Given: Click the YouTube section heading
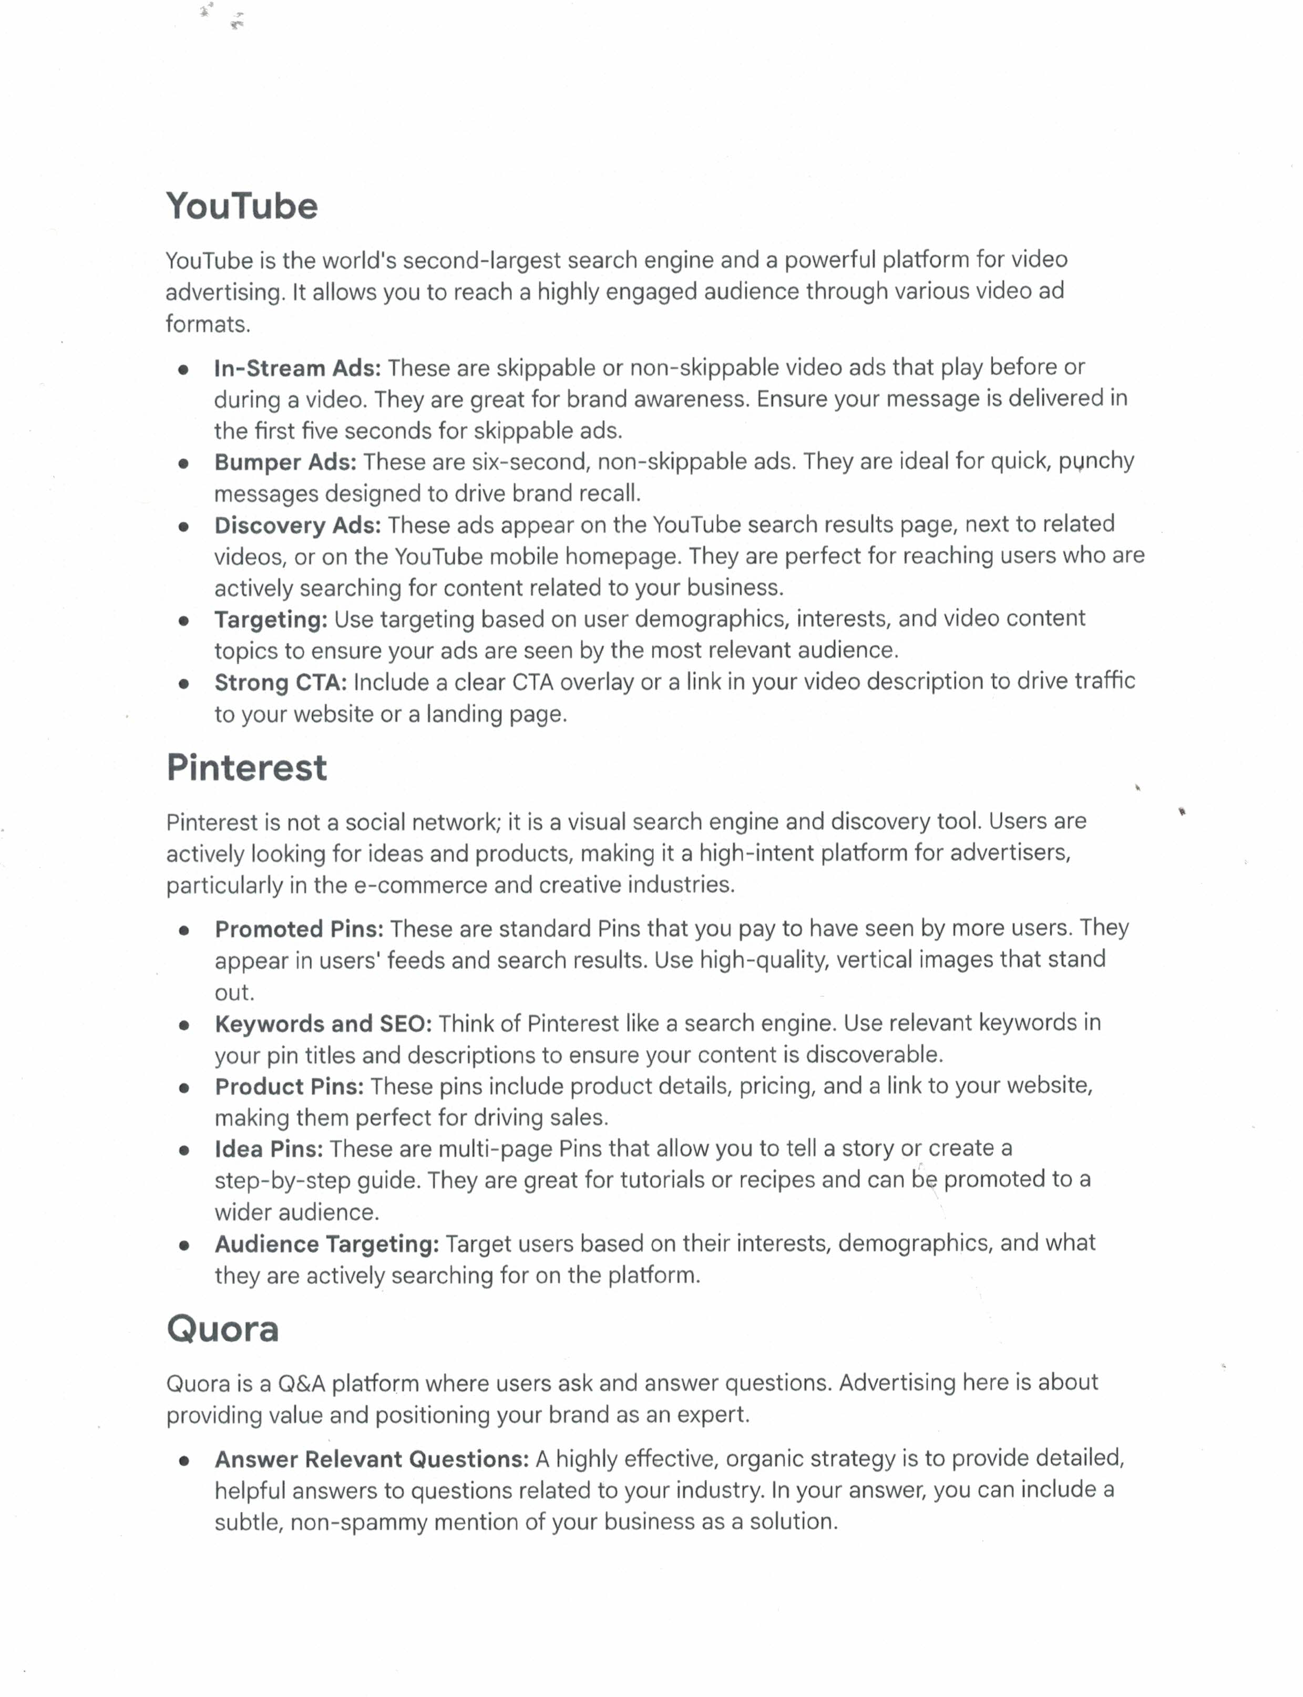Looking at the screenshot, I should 241,207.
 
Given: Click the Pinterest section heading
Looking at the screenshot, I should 247,768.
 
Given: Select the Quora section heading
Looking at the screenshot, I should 222,1329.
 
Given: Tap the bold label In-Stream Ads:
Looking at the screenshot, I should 297,368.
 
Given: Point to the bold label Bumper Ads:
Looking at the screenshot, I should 285,462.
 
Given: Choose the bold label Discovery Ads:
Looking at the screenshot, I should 297,526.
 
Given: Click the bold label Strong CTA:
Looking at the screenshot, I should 280,683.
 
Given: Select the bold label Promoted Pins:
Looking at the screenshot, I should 299,929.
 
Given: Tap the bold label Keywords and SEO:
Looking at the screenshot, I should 323,1024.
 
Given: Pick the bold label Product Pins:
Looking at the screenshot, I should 289,1087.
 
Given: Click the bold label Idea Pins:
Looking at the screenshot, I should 269,1149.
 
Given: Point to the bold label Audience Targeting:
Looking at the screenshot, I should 326,1244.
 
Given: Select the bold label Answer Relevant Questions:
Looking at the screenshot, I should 372,1459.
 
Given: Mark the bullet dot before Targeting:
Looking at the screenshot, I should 184,621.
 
